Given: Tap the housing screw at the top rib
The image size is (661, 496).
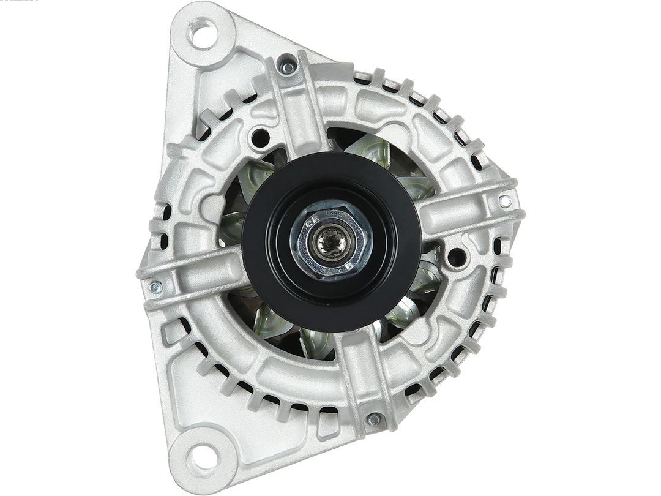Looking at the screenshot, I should pyautogui.click(x=285, y=66).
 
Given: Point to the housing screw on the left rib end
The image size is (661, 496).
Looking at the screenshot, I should pyautogui.click(x=155, y=287).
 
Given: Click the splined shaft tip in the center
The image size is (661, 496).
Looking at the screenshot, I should pyautogui.click(x=331, y=241).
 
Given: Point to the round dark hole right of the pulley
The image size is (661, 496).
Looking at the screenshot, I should pyautogui.click(x=456, y=257).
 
